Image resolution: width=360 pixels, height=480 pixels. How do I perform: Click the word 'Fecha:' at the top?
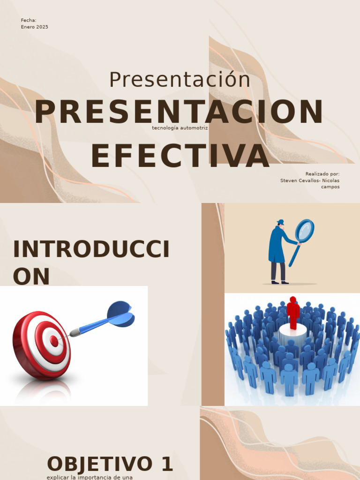(x=29, y=20)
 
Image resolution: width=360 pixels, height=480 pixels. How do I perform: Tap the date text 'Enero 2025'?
(x=34, y=27)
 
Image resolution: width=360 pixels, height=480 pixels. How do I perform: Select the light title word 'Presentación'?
(x=180, y=80)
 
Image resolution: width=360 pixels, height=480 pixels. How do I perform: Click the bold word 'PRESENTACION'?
(x=179, y=112)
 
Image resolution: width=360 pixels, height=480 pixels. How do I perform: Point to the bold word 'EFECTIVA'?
(x=180, y=156)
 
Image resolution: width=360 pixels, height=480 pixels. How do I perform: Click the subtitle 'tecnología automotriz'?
(x=180, y=127)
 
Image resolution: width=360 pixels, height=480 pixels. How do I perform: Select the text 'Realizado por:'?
(x=322, y=174)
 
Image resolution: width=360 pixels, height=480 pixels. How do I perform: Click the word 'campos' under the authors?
(x=330, y=187)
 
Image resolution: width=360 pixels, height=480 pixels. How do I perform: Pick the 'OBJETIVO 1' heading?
(x=110, y=464)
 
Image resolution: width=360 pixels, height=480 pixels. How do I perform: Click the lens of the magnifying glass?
(x=305, y=231)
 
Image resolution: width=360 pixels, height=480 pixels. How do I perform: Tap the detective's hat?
(x=280, y=222)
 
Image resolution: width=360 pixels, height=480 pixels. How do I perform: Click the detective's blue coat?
(x=277, y=246)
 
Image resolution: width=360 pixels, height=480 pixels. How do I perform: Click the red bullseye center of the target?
(x=54, y=341)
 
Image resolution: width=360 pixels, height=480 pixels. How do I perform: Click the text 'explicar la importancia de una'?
(x=90, y=477)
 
